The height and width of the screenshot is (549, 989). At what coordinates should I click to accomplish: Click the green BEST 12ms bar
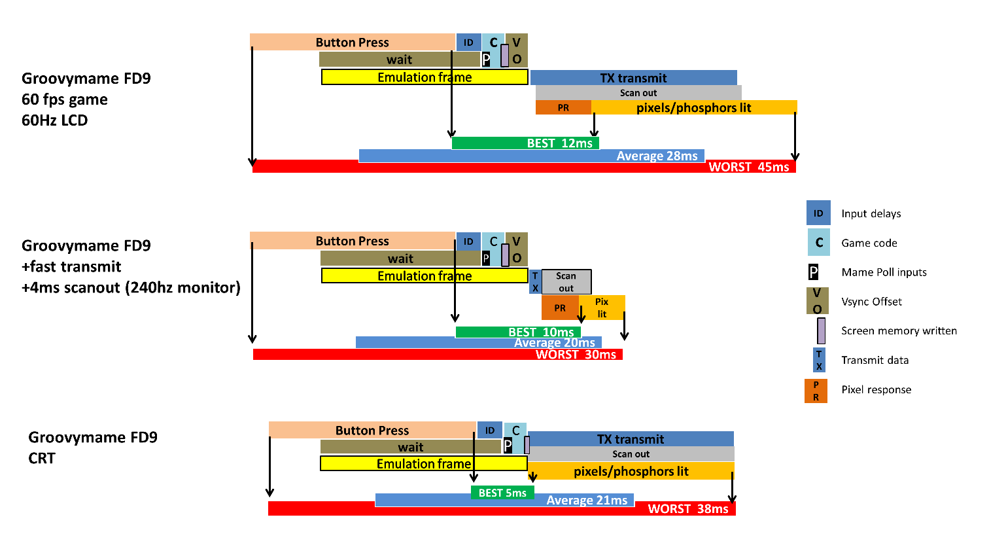point(525,143)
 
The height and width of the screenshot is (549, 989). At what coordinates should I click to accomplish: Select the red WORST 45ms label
point(748,167)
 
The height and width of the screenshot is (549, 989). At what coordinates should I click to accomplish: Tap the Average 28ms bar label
point(657,156)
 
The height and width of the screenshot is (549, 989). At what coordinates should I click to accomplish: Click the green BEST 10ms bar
point(517,332)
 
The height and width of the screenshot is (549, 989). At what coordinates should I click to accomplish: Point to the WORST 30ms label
point(576,355)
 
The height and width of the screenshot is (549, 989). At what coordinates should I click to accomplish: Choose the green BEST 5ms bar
point(502,493)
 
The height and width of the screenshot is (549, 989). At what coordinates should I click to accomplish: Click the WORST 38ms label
point(687,509)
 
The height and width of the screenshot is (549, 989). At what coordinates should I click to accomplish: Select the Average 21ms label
point(587,501)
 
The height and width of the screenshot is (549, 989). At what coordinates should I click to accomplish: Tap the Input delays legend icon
point(818,213)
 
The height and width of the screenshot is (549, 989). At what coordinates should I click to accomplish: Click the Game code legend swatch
point(818,243)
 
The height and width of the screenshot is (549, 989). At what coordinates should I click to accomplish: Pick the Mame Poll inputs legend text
point(884,272)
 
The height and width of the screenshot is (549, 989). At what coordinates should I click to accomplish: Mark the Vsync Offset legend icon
point(817,301)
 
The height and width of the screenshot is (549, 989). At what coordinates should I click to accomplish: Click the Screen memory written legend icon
point(821,330)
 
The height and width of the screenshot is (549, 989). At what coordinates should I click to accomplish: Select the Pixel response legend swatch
point(816,391)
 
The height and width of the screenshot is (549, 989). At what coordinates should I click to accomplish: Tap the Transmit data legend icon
point(818,360)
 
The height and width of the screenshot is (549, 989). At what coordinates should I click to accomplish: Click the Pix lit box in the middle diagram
point(602,308)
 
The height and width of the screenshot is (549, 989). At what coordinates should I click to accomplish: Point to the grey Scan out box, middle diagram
point(566,282)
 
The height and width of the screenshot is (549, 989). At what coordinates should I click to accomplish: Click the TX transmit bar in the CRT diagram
point(631,439)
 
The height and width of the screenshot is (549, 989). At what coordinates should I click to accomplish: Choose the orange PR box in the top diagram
point(563,108)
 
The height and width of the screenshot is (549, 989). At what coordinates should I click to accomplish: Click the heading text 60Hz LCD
point(55,120)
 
